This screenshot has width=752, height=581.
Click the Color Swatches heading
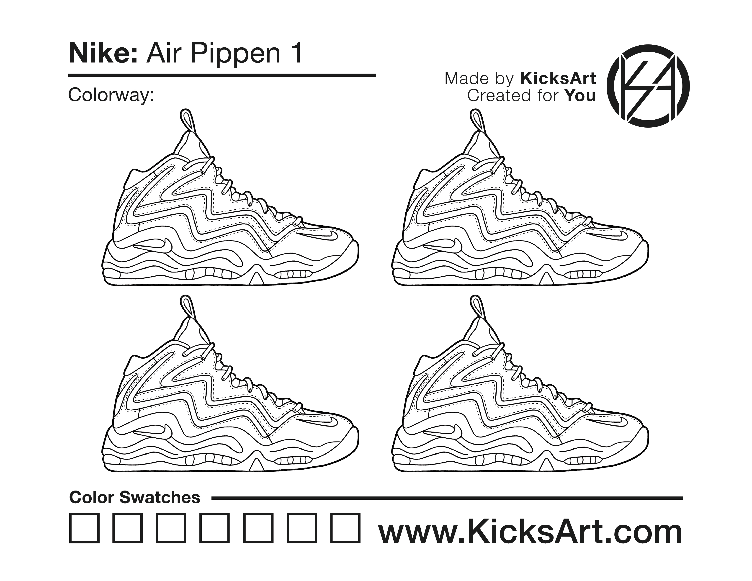[135, 498]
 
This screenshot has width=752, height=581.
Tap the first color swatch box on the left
[84, 528]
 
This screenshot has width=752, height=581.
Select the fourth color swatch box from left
[214, 528]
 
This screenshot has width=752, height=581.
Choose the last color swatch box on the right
[345, 528]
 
